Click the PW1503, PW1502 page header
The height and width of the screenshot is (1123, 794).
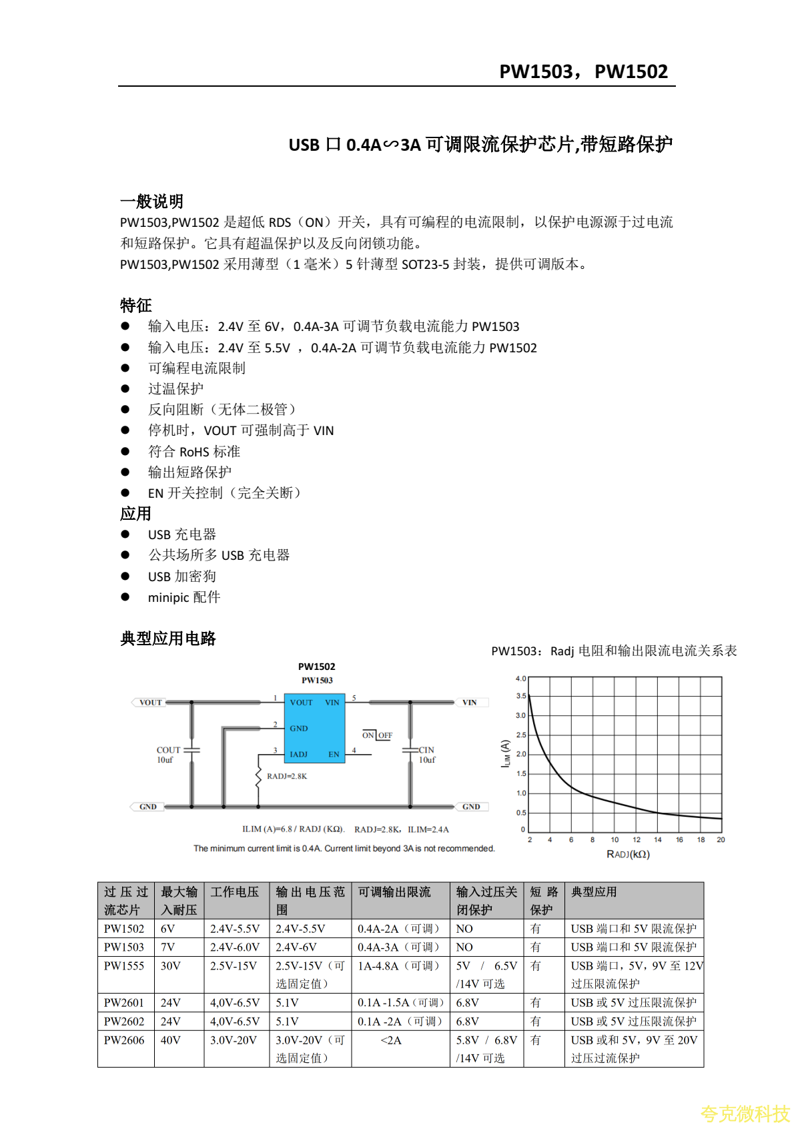click(583, 71)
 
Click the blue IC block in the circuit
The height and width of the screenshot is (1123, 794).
click(315, 728)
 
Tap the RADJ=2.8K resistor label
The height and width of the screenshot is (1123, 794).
click(287, 776)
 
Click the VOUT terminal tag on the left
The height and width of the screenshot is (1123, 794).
click(150, 702)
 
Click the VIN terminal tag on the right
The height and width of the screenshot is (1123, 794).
click(470, 702)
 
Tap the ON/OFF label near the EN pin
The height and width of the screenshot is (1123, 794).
click(377, 735)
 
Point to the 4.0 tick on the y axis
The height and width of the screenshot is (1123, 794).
click(520, 679)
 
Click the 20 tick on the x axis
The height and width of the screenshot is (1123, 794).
click(721, 839)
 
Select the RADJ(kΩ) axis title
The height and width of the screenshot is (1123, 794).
click(628, 854)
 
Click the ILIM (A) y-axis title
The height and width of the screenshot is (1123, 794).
click(506, 753)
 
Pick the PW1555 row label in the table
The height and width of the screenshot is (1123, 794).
click(124, 966)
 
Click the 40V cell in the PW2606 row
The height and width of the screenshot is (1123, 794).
click(171, 1040)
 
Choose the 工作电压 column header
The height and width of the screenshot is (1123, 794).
click(235, 892)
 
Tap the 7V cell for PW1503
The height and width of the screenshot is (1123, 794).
click(167, 947)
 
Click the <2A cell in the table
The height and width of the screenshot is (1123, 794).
click(391, 1040)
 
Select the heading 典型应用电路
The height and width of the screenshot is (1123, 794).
click(168, 639)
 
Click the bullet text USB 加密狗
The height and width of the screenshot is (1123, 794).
click(181, 577)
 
